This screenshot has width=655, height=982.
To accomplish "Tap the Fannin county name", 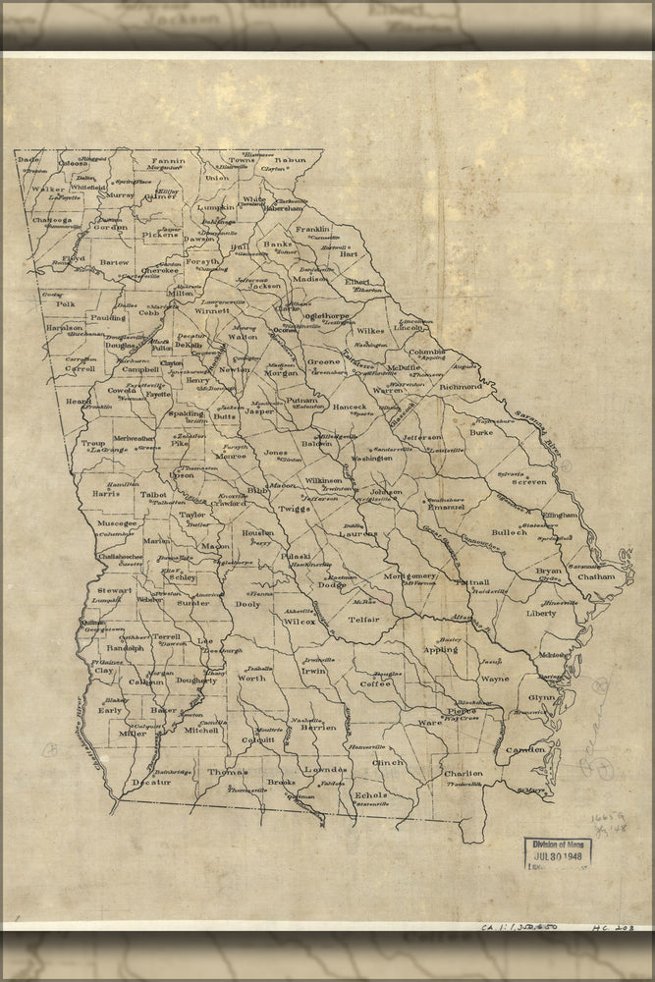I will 168,159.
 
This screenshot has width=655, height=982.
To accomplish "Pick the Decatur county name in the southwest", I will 151,782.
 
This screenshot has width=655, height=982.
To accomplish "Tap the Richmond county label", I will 461,387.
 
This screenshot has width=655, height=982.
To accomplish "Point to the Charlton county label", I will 463,773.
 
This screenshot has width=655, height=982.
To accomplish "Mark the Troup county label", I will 93,443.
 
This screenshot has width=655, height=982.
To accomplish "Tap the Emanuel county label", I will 446,508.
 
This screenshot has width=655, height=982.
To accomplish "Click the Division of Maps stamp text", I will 556,844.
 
